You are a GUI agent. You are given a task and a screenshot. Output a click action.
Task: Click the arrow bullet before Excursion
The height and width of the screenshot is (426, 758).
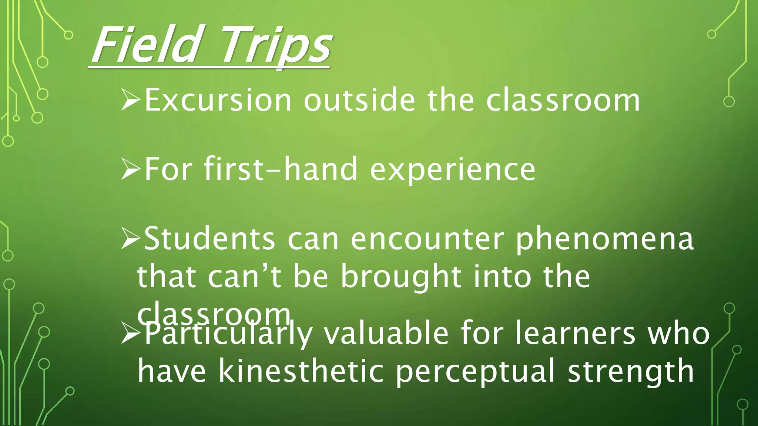click(x=131, y=100)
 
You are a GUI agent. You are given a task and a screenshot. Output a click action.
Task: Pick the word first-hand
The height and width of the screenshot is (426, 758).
click(x=281, y=169)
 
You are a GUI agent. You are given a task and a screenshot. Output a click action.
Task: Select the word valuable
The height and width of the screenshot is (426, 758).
click(x=386, y=334)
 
